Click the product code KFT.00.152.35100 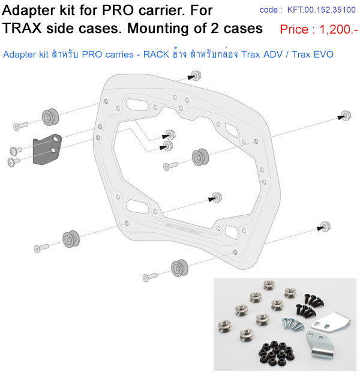[x=322, y=10]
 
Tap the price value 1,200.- [x=338, y=29]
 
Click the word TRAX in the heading [x=22, y=28]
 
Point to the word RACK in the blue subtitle [x=156, y=55]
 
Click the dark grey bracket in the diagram [x=47, y=149]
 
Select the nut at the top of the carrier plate [x=196, y=76]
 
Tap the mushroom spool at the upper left [x=50, y=117]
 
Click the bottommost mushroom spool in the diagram [x=179, y=268]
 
